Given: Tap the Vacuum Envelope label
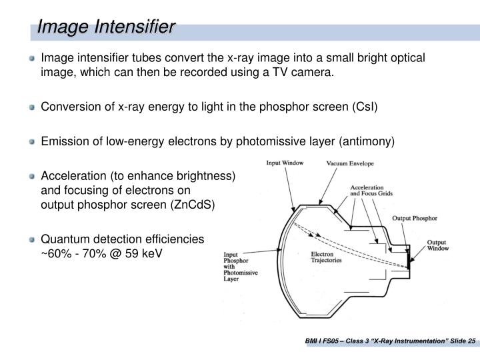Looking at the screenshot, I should point(349,163).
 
